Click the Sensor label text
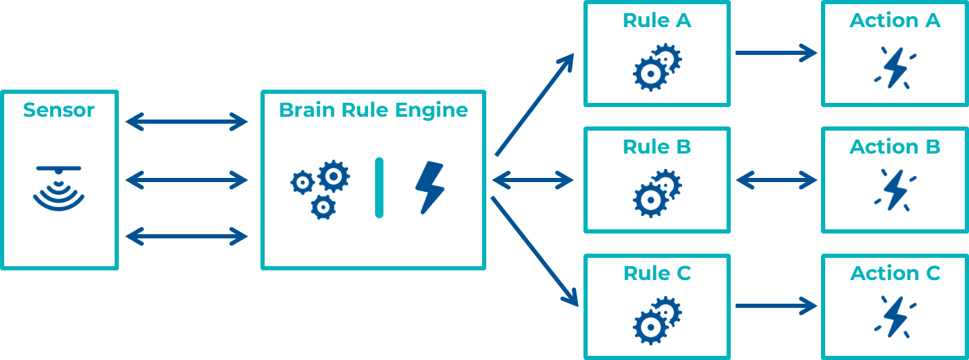tap(59, 110)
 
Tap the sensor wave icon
tap(59, 188)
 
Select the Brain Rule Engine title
tap(373, 111)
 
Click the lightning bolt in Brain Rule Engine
tap(430, 188)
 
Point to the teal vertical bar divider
tap(379, 188)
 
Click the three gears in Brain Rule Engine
tap(320, 190)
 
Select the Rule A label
tap(656, 20)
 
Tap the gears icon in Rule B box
tap(657, 193)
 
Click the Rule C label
tap(657, 273)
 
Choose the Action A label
tap(895, 20)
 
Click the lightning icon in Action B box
tap(895, 190)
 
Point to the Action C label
tap(895, 273)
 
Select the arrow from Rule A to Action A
tap(777, 53)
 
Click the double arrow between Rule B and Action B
tap(777, 180)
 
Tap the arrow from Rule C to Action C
tap(777, 306)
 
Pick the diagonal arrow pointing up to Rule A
tap(535, 104)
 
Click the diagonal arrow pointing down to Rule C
tap(535, 252)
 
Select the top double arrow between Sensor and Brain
tap(186, 122)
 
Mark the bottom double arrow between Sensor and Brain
tap(186, 236)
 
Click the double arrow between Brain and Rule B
tap(533, 180)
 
